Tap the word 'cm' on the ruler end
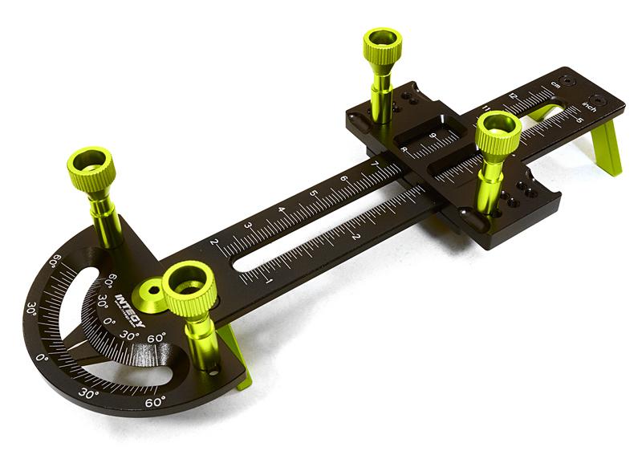click(x=555, y=83)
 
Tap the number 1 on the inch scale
click(x=268, y=280)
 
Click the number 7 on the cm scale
click(x=374, y=165)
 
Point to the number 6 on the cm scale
click(x=343, y=179)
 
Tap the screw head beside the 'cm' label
click(x=569, y=80)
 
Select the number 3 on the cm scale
click(x=247, y=226)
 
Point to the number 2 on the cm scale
click(x=213, y=242)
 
